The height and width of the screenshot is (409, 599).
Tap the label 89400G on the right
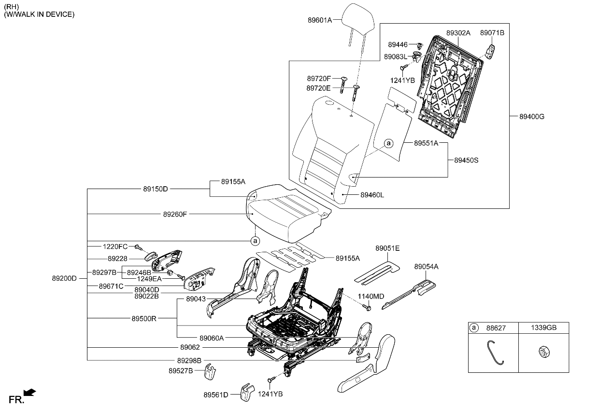(532, 116)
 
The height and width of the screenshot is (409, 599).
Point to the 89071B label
(492, 33)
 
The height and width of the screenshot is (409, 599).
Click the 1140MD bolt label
(371, 296)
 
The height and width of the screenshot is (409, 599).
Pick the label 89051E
(387, 248)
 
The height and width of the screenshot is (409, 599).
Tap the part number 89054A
(426, 266)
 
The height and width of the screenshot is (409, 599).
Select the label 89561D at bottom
(215, 395)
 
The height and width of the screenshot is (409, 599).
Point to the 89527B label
(181, 370)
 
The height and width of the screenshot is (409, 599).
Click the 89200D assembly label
(65, 278)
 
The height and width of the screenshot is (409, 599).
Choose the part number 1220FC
(115, 246)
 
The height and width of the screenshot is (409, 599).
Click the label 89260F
(175, 214)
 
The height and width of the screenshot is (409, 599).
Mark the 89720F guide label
(319, 78)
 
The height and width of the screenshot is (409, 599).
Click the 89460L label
(372, 195)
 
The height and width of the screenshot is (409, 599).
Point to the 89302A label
(458, 33)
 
